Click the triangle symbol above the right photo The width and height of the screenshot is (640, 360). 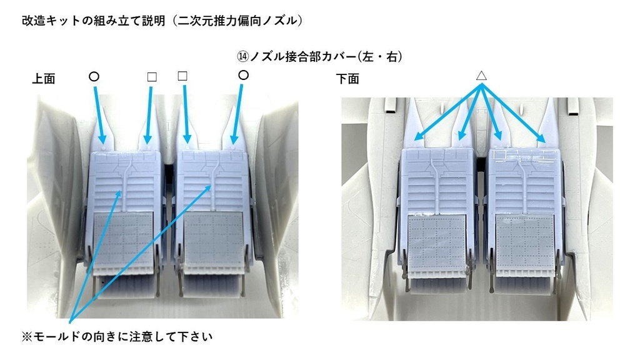point(481,76)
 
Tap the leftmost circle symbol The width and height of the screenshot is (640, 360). point(94,76)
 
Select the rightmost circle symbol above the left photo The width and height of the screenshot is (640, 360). point(243,75)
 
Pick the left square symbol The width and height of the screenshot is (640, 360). point(152,77)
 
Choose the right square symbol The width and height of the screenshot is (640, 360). point(182,76)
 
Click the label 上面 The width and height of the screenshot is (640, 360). point(44,79)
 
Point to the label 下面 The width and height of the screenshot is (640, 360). point(347,79)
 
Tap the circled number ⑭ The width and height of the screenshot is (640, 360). point(243,56)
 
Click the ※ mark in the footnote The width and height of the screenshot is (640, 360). point(27,337)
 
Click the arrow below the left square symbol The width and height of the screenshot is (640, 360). point(149,115)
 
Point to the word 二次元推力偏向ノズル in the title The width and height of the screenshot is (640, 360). point(237,21)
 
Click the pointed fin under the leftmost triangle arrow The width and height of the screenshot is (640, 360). point(414,123)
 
